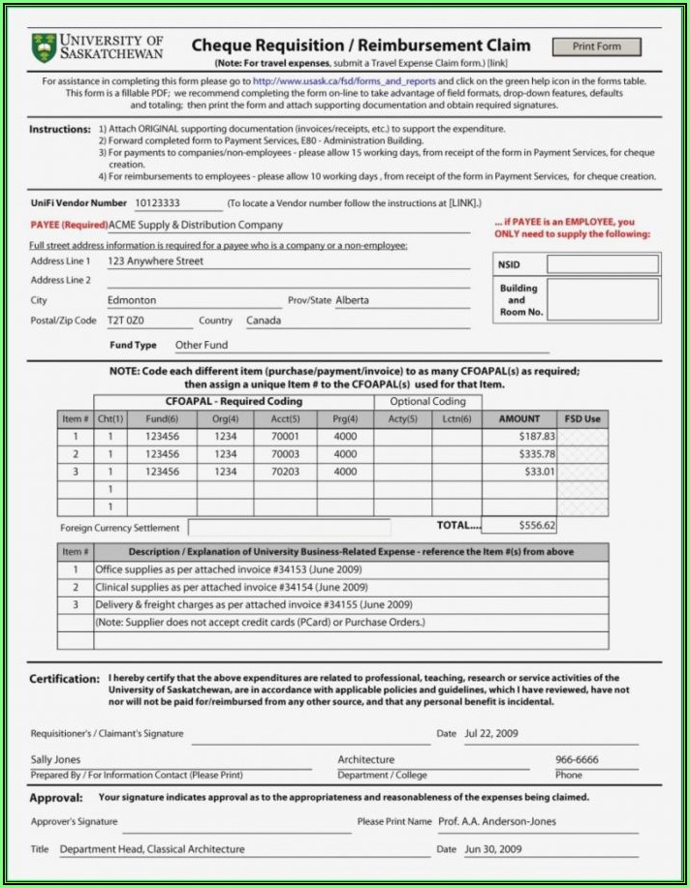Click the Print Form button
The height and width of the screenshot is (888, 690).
point(596,46)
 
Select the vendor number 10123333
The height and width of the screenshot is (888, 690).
point(156,203)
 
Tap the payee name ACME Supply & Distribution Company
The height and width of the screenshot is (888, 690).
point(196,225)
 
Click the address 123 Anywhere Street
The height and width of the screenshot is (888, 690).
point(155,261)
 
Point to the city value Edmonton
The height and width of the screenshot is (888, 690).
point(132,300)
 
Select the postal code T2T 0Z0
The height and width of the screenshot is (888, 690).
point(126,321)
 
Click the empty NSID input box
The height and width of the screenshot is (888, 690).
point(602,263)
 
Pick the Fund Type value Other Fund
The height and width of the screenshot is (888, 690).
point(202,345)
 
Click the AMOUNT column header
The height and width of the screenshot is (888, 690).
point(519,419)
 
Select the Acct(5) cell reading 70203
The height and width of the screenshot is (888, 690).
point(285,472)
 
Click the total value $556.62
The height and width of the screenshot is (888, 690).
point(537,526)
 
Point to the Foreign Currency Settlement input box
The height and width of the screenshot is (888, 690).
point(289,528)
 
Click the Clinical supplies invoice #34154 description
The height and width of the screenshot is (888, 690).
point(231,587)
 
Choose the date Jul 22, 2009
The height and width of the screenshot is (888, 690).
point(492,733)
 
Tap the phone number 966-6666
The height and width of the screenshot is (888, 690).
point(577,760)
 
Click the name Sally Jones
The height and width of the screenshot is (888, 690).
point(56,760)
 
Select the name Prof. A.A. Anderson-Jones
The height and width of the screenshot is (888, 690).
point(497,821)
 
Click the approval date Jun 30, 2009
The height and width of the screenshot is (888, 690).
point(492,849)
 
